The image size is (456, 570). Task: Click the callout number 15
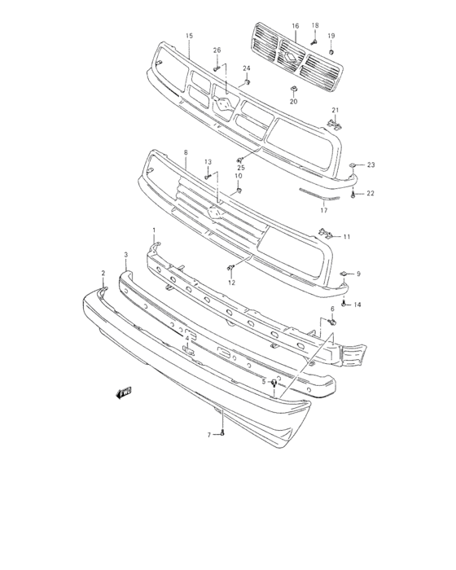[x=189, y=36]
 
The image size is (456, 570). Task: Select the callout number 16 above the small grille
[x=296, y=26]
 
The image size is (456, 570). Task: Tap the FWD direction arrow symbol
[x=124, y=393]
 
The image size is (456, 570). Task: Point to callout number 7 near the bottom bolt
[x=209, y=435]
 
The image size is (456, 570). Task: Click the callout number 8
[x=185, y=152]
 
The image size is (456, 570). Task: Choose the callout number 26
[x=217, y=50]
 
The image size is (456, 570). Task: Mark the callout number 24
[x=246, y=68]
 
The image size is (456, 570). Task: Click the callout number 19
[x=331, y=36]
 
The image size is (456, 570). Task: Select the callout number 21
[x=334, y=110]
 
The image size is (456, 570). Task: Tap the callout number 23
[x=370, y=165]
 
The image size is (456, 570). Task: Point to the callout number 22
[x=370, y=193]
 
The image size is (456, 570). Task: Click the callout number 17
[x=323, y=210]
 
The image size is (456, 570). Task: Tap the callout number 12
[x=231, y=283]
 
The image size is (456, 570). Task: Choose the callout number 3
[x=126, y=255]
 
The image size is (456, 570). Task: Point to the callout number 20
[x=294, y=101]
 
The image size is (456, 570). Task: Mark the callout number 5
[x=263, y=381]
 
